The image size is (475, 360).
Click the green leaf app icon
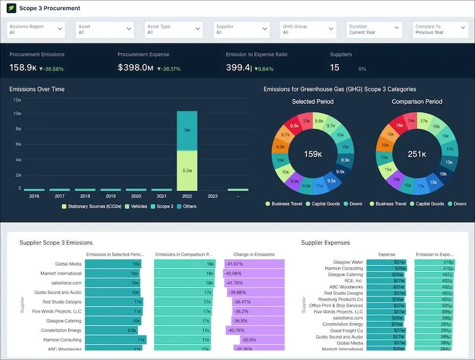coord(11,8)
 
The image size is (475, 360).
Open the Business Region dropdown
coord(36,30)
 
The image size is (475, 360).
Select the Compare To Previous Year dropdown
coord(440,30)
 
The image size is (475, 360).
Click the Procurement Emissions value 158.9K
coord(23,68)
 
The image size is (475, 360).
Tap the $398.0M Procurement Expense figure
coord(135,68)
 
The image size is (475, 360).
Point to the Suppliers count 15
coord(335,68)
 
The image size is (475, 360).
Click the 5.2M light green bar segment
coord(187,170)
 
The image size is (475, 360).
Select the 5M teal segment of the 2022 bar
coord(187,130)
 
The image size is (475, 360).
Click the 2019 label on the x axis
coord(110,195)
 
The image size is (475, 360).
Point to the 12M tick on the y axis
coord(17,100)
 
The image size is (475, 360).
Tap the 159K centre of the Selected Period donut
coord(312,154)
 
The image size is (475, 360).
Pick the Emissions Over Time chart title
coord(37,89)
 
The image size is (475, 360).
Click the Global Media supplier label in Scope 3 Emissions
coord(68,264)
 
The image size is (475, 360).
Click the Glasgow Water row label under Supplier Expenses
coord(349,262)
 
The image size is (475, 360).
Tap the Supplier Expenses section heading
coord(325,242)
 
